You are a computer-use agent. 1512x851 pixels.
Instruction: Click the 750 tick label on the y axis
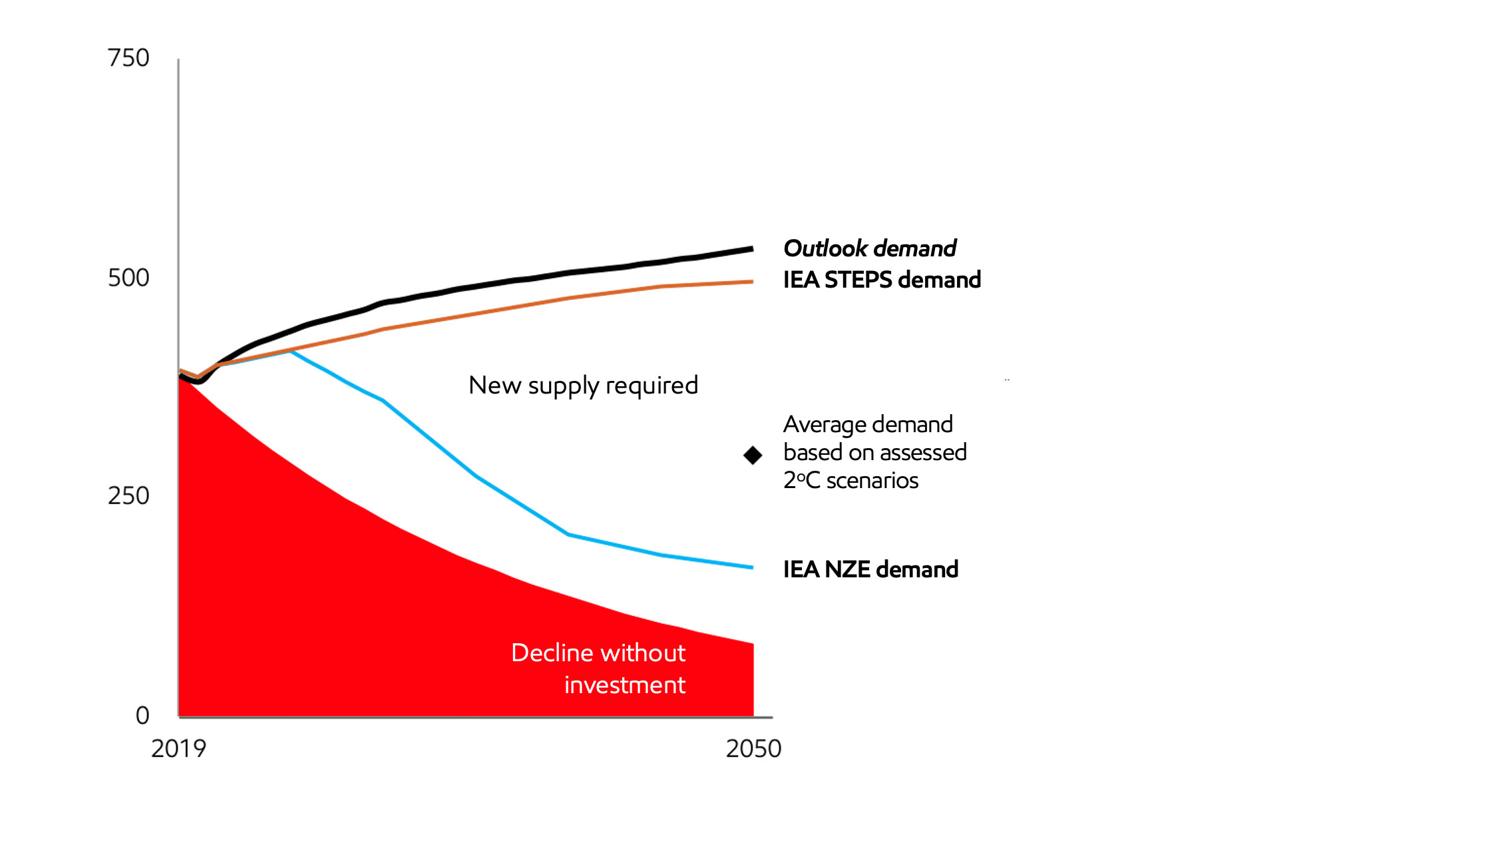(x=128, y=59)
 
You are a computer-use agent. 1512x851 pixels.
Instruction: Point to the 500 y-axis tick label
(x=128, y=278)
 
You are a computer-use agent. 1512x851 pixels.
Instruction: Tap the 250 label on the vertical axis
(x=128, y=496)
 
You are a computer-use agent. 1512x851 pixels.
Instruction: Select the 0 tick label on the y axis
(x=142, y=716)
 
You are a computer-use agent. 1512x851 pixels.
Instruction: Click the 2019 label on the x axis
(x=178, y=749)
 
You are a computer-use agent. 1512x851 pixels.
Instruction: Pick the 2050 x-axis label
(x=753, y=749)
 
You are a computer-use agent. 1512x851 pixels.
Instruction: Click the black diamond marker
(x=753, y=455)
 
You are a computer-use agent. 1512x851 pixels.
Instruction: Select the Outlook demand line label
(x=869, y=248)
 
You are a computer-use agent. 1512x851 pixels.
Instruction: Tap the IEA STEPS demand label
(x=882, y=280)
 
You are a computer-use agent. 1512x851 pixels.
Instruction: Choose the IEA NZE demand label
(x=870, y=570)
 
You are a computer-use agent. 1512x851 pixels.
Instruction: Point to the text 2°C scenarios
(x=850, y=481)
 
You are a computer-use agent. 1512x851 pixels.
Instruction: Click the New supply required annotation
(x=583, y=386)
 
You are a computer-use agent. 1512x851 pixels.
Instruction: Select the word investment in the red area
(x=624, y=685)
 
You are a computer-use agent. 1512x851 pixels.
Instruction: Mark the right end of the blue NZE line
(x=752, y=567)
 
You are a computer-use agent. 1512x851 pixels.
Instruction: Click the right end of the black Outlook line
(x=752, y=249)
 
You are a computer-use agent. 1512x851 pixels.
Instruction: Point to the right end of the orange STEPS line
(x=752, y=282)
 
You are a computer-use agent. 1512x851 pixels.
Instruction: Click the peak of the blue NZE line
(x=291, y=351)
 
